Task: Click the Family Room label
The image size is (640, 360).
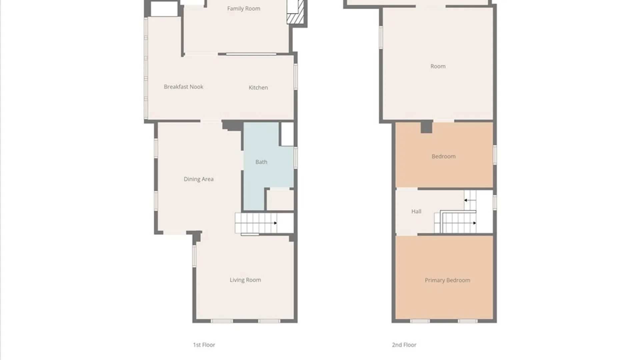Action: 244,9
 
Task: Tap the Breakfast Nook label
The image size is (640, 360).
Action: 183,87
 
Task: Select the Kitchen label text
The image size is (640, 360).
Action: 258,87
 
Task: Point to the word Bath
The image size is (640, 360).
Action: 261,162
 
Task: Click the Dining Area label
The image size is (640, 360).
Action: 199,179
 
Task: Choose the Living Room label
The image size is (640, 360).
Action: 245,280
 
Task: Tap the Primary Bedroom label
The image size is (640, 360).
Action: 447,280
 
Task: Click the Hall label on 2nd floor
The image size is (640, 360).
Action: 416,211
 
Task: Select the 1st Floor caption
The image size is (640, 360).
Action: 204,345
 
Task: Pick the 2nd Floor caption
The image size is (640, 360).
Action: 404,345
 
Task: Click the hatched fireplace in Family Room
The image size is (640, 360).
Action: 295,12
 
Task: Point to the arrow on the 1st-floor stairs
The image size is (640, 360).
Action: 275,223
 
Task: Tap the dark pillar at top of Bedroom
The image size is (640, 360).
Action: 426,127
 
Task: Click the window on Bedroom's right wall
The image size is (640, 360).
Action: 495,155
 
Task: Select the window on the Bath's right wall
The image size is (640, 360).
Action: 296,158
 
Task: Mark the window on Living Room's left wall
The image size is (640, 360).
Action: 194,256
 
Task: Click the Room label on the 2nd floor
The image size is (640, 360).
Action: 438,66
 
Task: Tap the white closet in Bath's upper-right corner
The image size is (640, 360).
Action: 287,134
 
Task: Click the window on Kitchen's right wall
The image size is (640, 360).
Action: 296,77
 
